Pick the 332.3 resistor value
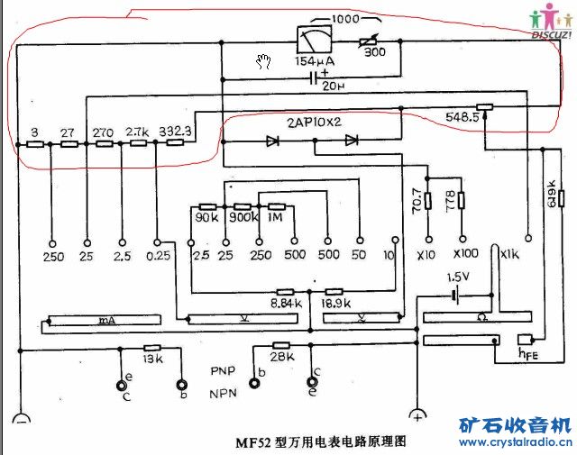coord(176,131)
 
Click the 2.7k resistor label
coord(138,131)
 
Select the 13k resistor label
coord(152,359)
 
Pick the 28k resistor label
coord(281,358)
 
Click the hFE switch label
coord(526,352)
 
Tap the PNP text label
coord(223,370)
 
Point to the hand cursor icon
coord(263,61)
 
